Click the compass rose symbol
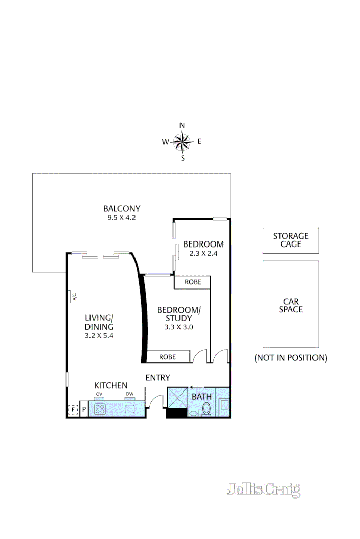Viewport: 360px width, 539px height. pos(182,142)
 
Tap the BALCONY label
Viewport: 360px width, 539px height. pos(121,208)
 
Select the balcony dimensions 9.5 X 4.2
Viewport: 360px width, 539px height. pos(121,218)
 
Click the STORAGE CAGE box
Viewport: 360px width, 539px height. pos(290,240)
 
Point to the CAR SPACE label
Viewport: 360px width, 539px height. pos(290,305)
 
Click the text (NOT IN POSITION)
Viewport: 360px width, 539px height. pos(290,358)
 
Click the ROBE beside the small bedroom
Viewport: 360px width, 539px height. pos(192,282)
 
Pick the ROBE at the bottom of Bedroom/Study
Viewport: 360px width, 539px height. pos(167,357)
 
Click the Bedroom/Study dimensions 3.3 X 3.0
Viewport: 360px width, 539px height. pos(178,327)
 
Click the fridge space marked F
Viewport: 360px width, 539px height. pos(73,409)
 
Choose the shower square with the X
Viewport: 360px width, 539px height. pos(177,398)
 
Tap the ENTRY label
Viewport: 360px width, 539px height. pos(158,378)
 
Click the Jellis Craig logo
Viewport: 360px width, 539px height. pos(263,489)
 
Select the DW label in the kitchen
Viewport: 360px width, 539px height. pos(129,394)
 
